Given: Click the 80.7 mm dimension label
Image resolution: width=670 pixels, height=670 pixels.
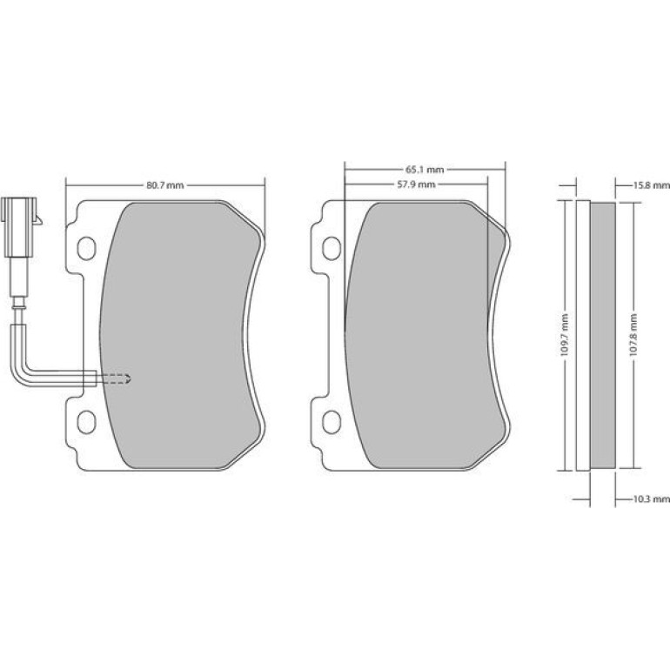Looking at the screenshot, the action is coord(165,185).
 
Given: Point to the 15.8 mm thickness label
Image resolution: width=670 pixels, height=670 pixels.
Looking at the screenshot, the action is coord(651,185).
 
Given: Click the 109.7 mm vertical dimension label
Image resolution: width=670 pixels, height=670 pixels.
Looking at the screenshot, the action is coord(564,335).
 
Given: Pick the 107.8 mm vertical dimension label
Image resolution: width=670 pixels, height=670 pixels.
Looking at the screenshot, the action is coord(633,335).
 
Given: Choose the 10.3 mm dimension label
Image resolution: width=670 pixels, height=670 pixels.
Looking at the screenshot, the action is coord(651,499).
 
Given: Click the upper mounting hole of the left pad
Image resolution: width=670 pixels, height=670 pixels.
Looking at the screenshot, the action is coord(87,248).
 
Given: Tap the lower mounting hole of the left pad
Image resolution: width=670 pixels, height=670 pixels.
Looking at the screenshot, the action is coord(87,422).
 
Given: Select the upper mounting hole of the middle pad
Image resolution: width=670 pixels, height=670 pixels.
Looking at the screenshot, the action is coord(332,248).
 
